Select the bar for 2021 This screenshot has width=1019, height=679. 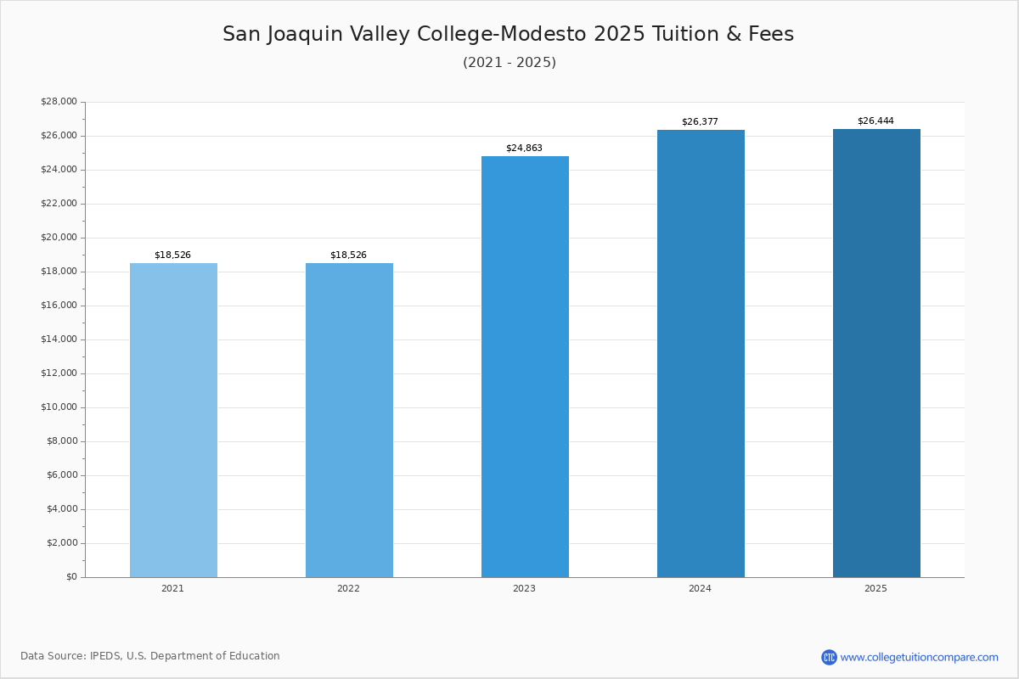[173, 420]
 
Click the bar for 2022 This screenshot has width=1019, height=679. [349, 420]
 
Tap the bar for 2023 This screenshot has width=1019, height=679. [525, 367]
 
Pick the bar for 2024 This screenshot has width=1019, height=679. [701, 354]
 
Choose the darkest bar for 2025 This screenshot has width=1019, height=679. [876, 353]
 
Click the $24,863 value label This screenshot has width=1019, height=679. [524, 148]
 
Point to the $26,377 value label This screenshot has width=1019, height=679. [700, 121]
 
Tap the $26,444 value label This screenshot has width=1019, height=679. [875, 121]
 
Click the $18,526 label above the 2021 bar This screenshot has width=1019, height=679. [172, 255]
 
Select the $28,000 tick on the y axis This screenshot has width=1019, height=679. [59, 101]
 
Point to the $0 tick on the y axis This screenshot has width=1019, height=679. [72, 576]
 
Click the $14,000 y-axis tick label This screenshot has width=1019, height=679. [59, 339]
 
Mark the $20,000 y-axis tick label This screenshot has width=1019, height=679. [59, 237]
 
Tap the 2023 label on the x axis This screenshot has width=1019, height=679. [524, 588]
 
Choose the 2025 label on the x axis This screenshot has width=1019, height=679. [875, 588]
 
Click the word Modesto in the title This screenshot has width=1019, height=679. [543, 34]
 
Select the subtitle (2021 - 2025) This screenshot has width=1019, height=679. [509, 62]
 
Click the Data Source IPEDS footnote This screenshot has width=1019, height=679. [150, 656]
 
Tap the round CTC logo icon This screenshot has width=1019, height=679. [829, 657]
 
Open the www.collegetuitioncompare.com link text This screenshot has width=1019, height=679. [919, 658]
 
